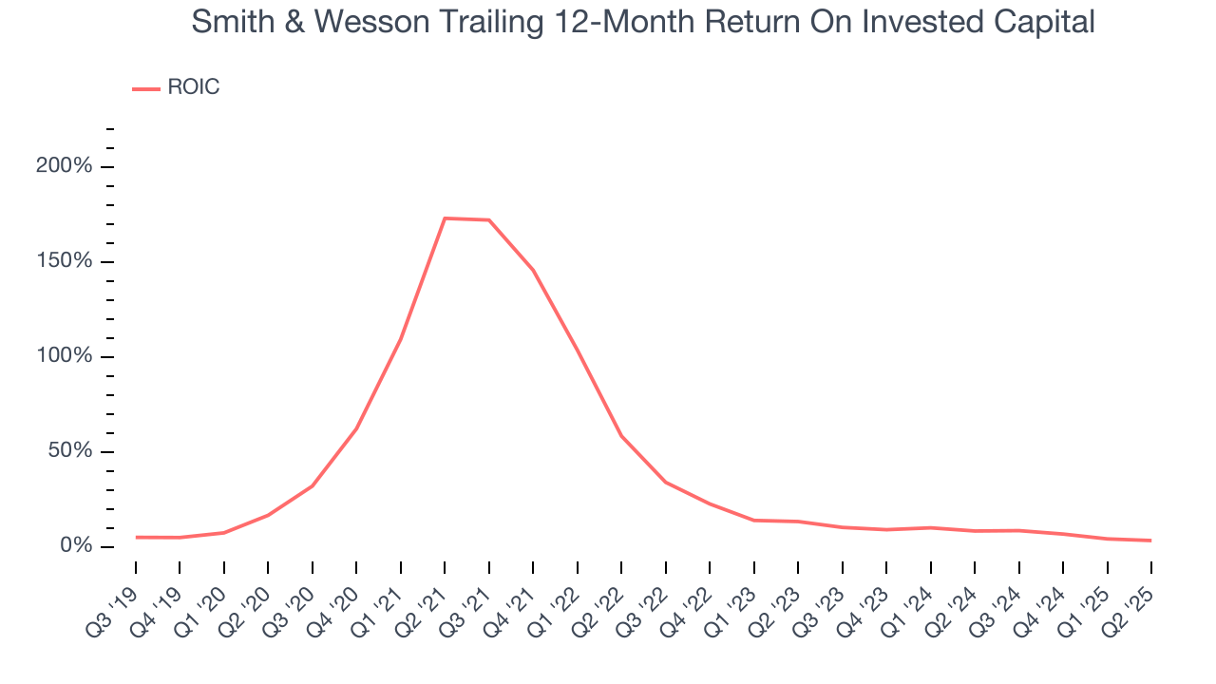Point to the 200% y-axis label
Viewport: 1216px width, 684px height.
point(64,167)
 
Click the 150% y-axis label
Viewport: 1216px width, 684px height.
point(64,261)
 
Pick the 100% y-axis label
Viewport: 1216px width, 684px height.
point(64,356)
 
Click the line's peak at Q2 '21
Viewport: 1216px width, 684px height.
point(445,218)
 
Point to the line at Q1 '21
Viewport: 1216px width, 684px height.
point(401,338)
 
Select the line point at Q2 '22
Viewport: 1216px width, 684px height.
point(621,436)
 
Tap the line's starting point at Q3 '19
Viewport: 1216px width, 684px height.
point(136,537)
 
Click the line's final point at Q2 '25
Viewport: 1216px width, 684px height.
point(1150,541)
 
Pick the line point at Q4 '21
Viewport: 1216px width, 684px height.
point(533,270)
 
